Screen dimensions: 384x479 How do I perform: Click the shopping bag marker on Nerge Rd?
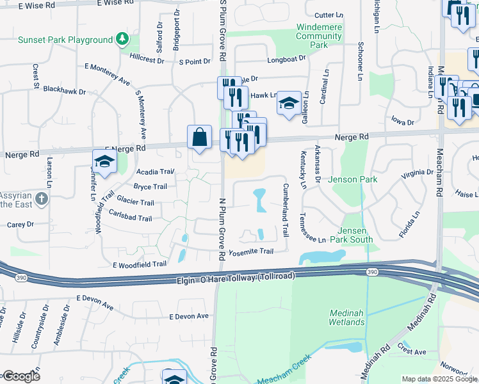click(x=200, y=138)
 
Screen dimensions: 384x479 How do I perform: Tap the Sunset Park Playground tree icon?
click(x=122, y=40)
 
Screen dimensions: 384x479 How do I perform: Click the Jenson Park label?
click(x=352, y=180)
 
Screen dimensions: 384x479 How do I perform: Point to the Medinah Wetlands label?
click(x=347, y=317)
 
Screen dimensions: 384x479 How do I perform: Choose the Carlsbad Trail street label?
click(x=130, y=218)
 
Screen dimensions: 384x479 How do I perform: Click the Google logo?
click(x=21, y=376)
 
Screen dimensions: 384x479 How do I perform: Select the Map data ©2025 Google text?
click(x=439, y=379)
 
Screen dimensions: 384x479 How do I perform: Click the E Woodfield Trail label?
click(x=139, y=264)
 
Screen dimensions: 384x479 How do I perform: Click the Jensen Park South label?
click(x=356, y=236)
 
